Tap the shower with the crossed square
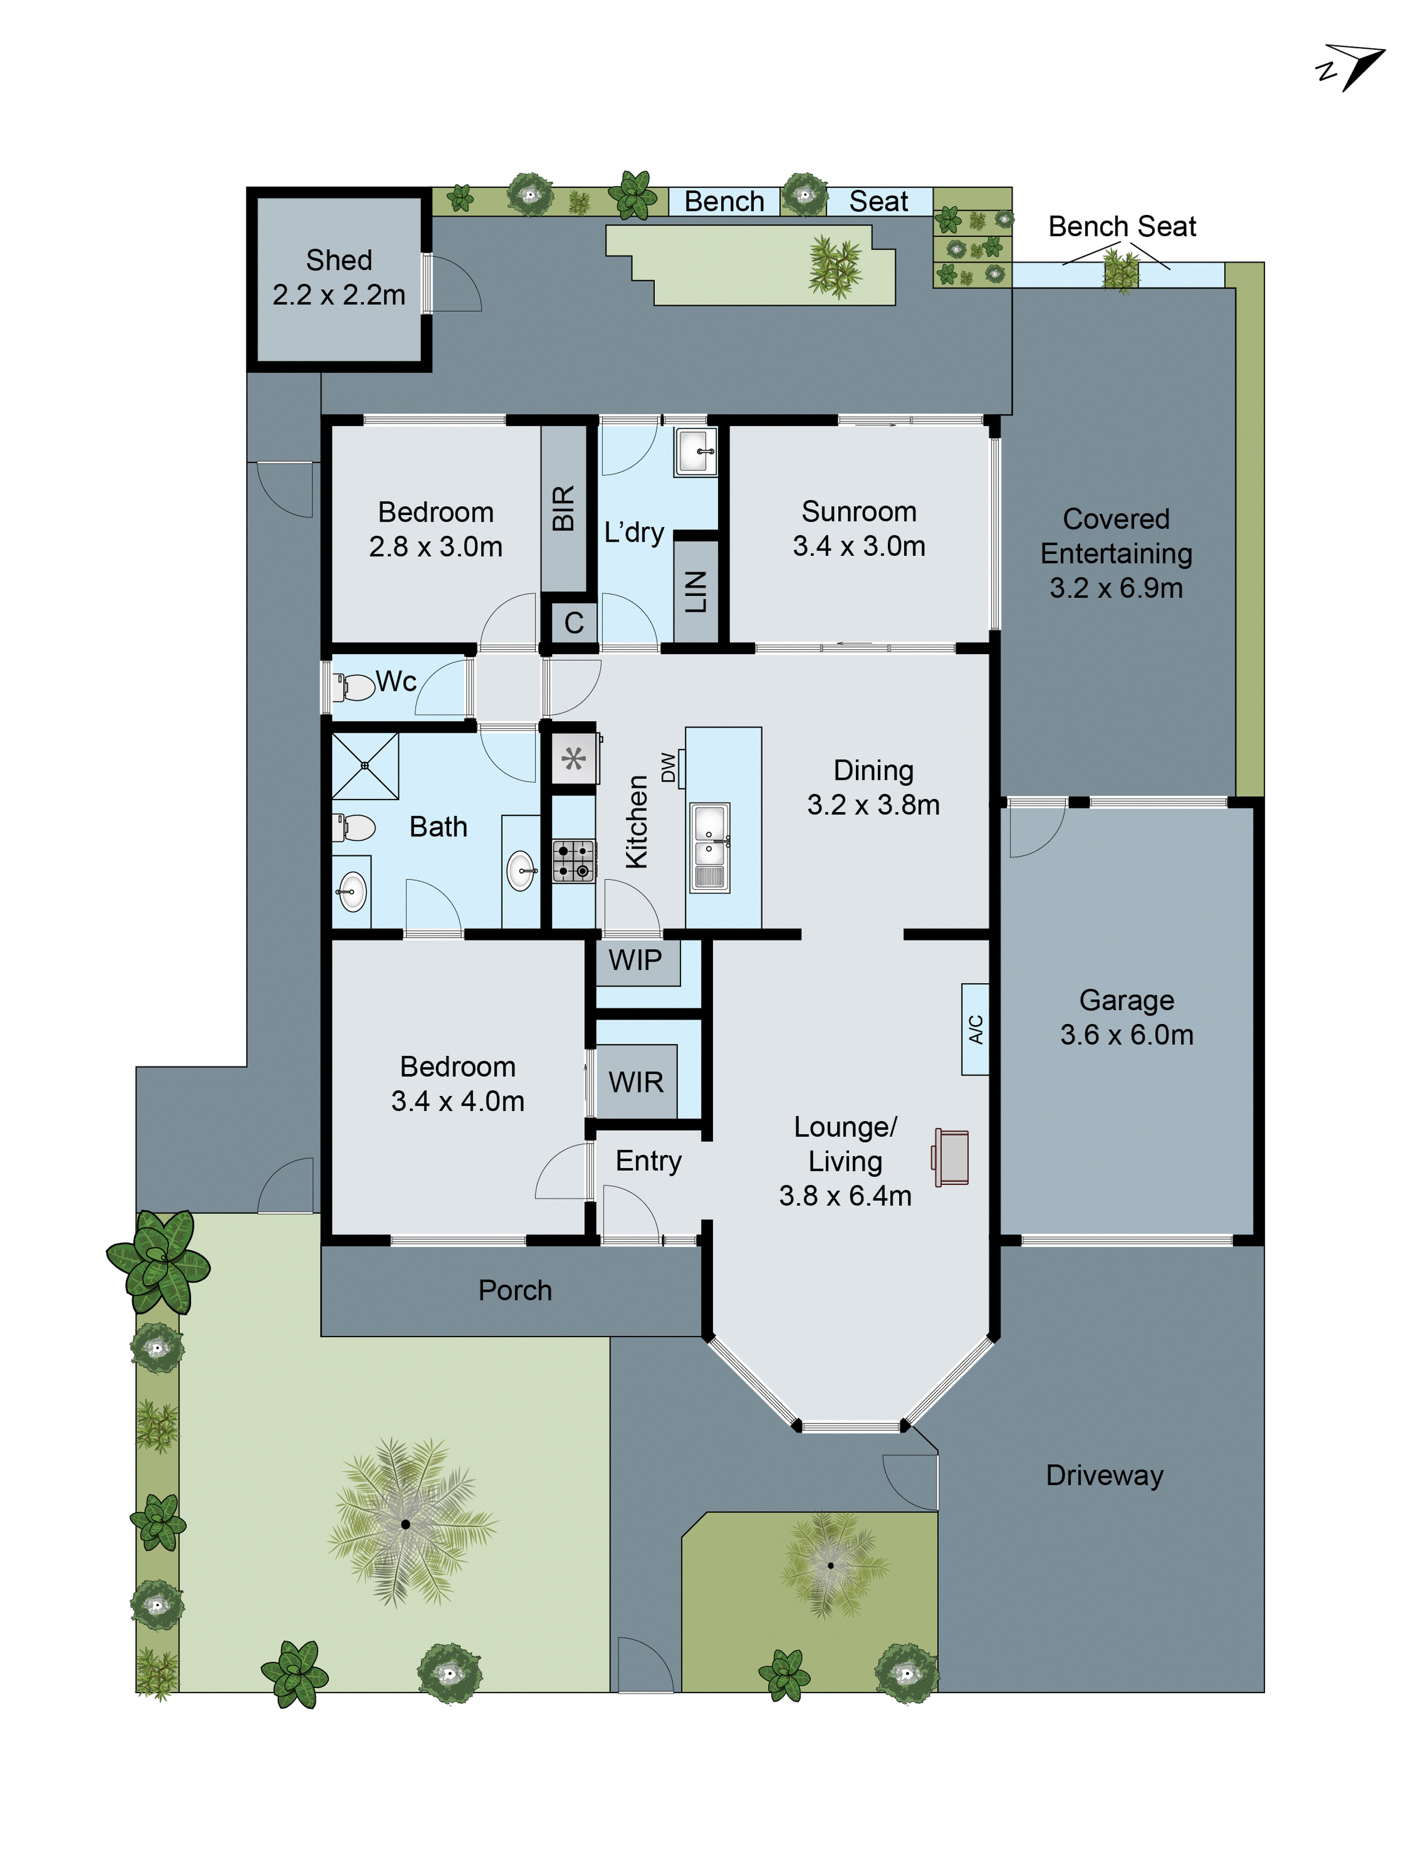click(365, 765)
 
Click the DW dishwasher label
click(668, 767)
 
